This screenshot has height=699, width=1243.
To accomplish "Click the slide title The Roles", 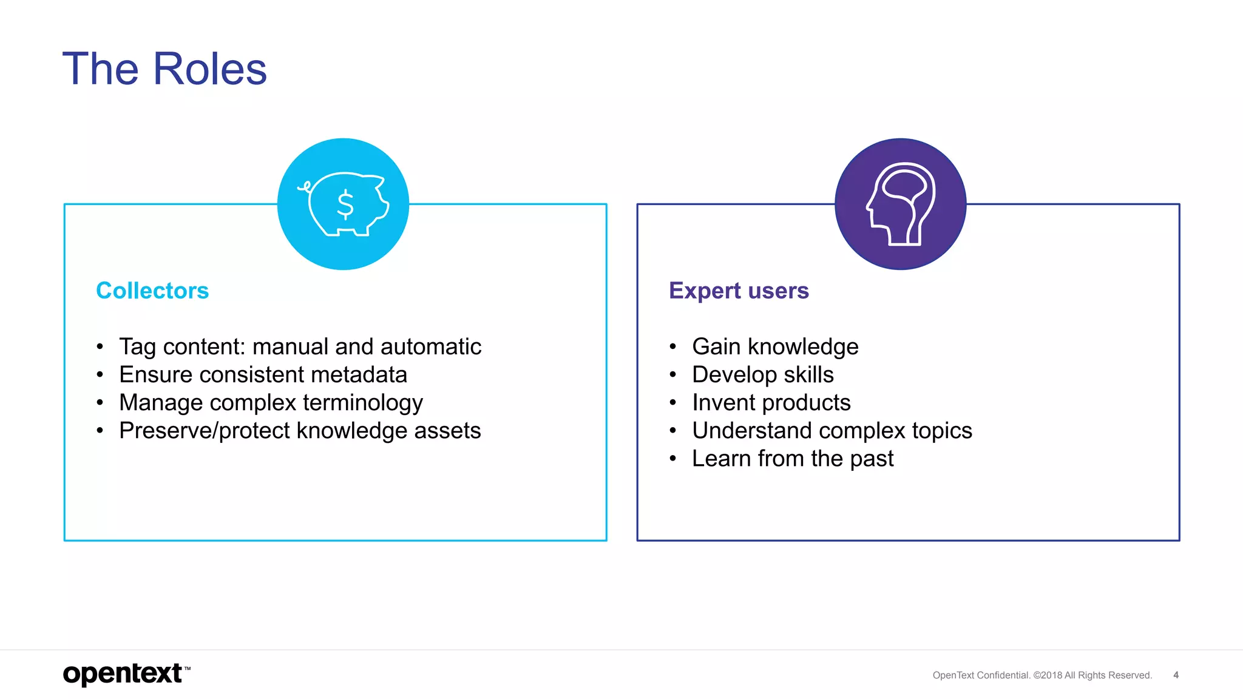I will [164, 69].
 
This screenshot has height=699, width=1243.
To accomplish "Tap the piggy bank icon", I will [344, 204].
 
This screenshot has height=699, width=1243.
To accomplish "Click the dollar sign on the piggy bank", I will [345, 204].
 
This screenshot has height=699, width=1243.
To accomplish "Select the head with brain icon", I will [901, 204].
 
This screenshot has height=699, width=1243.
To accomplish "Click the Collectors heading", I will [152, 291].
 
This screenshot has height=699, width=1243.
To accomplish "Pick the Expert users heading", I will [739, 291].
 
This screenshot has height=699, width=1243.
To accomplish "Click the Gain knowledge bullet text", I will [775, 346].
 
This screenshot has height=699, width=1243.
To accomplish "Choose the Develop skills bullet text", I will [763, 374].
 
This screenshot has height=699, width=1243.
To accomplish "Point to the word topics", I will [942, 431].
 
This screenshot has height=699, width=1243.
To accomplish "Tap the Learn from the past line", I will [793, 459].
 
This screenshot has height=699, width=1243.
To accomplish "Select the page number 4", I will [1176, 675].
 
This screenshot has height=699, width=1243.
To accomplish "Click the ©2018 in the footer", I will [1048, 675].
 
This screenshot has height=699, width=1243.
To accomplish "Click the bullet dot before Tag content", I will [100, 347].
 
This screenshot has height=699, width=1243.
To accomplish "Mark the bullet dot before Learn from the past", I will [672, 459].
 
